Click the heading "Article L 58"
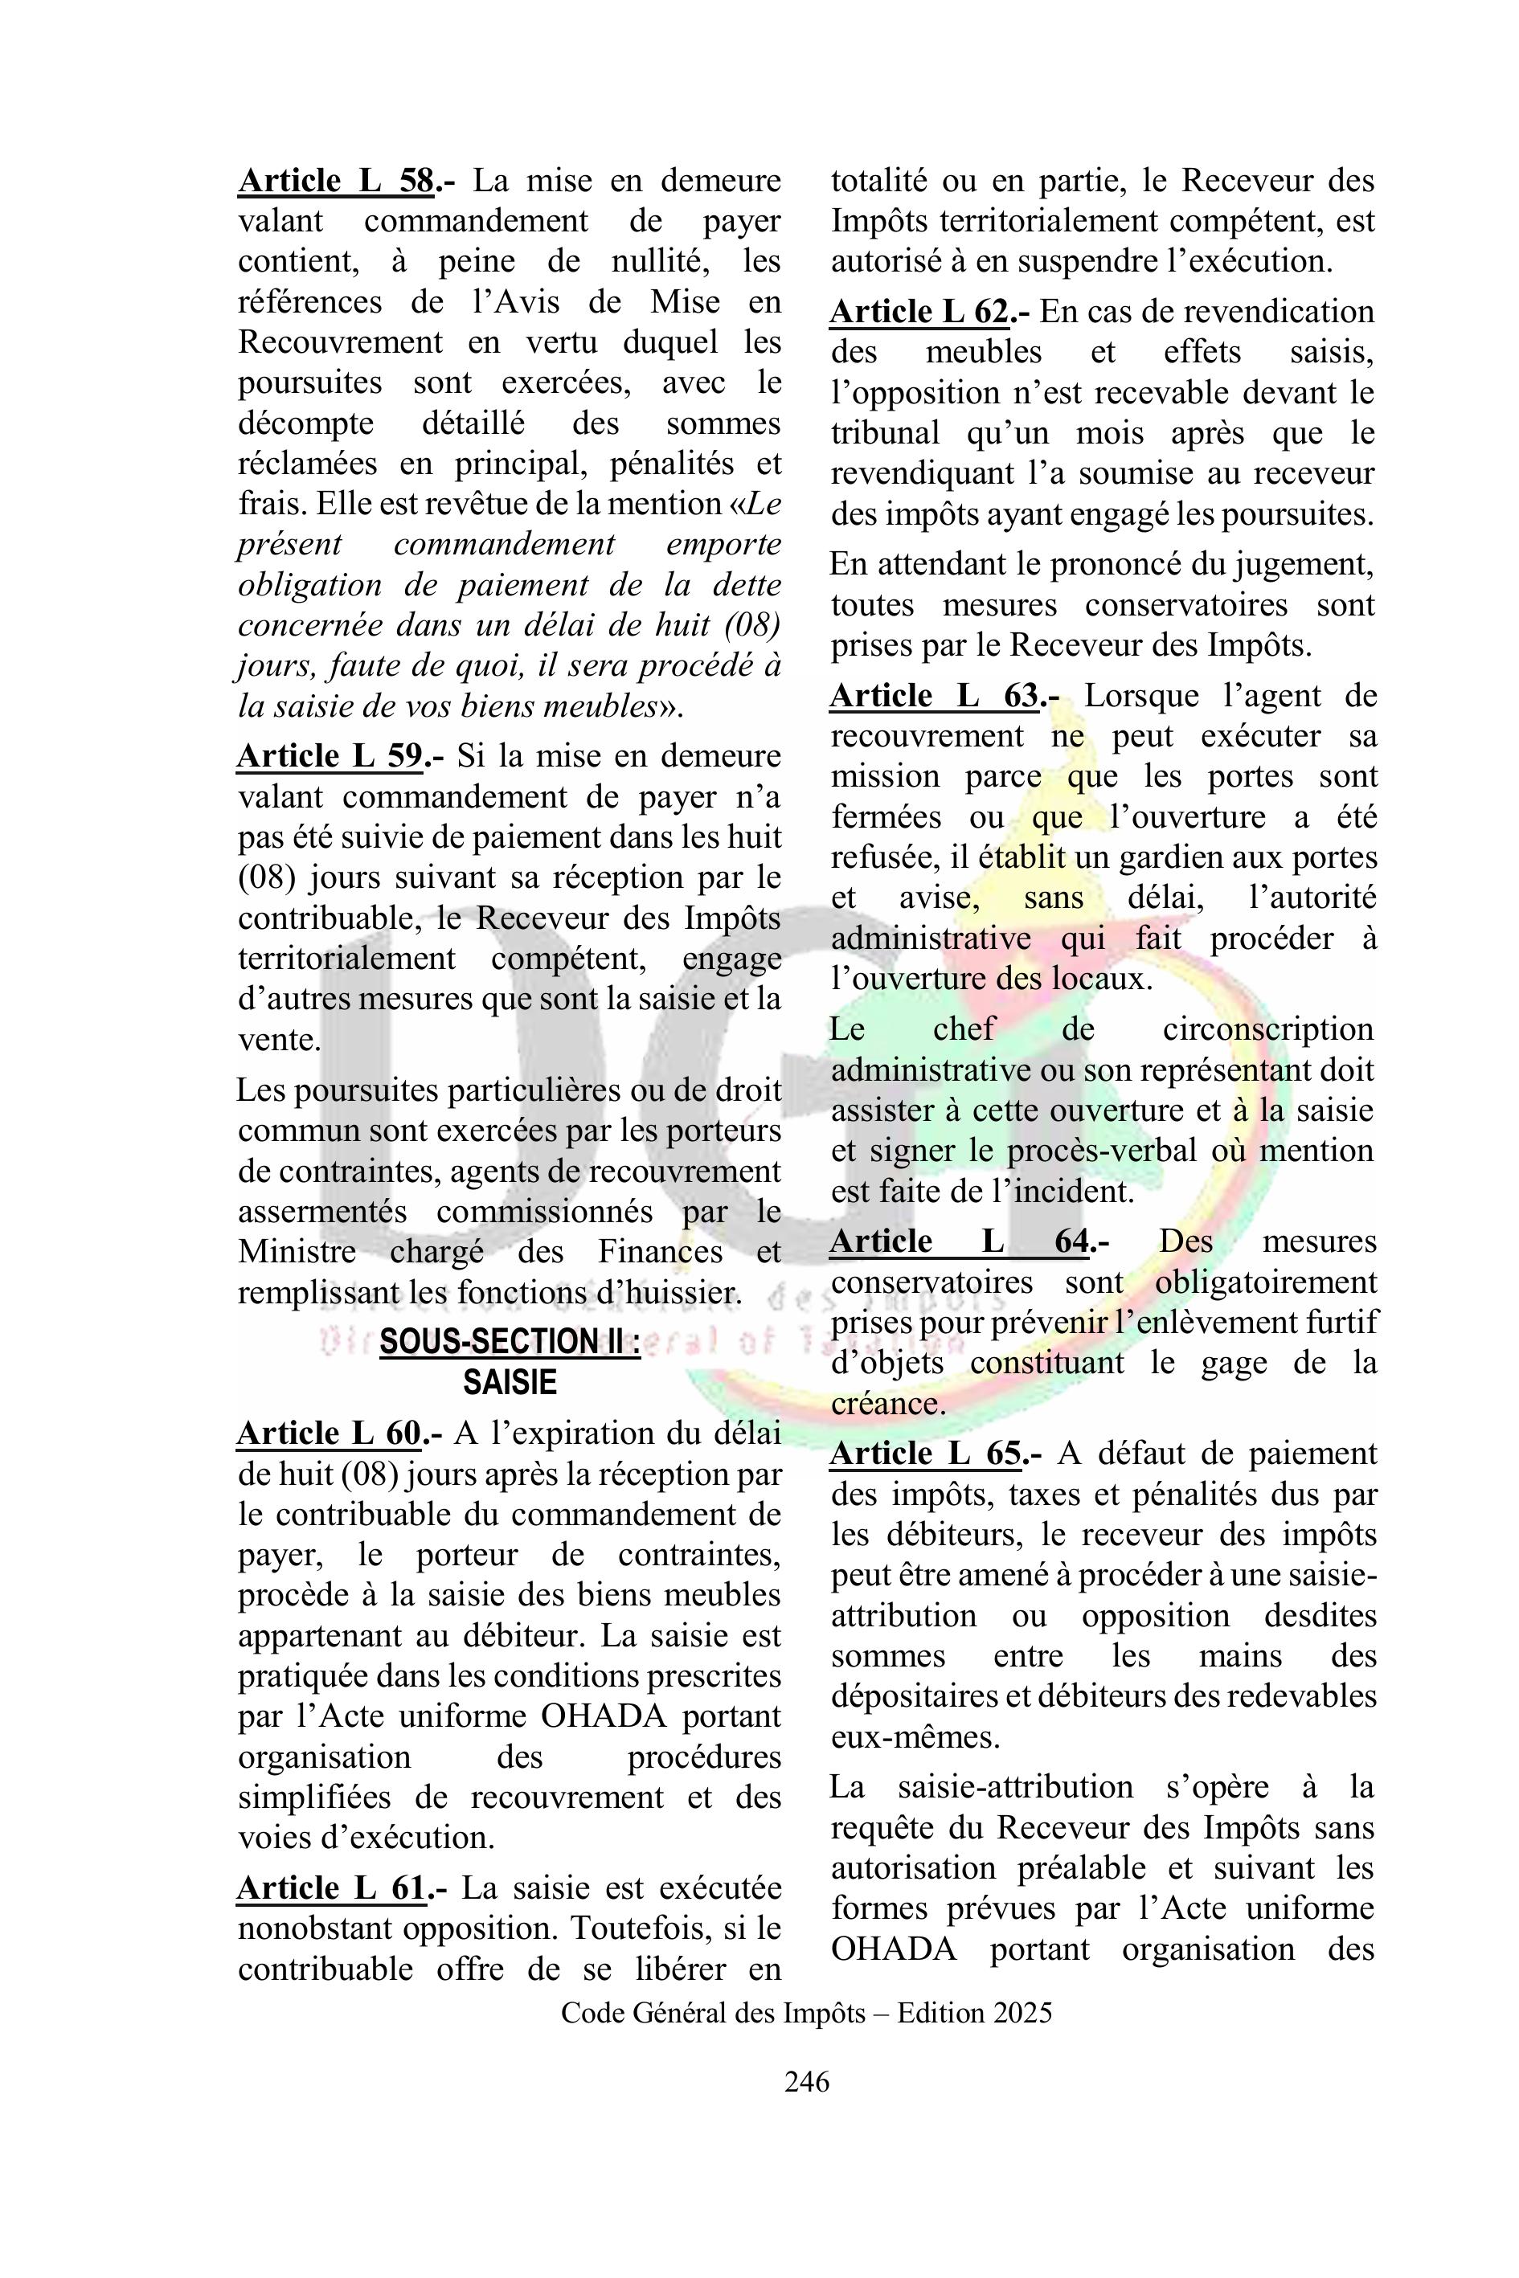pos(336,181)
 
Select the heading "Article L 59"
pos(330,756)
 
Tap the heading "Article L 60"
pos(330,1433)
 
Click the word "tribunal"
pos(886,433)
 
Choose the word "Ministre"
pos(297,1253)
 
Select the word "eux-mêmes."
pos(915,1737)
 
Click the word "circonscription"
pos(1268,1029)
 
